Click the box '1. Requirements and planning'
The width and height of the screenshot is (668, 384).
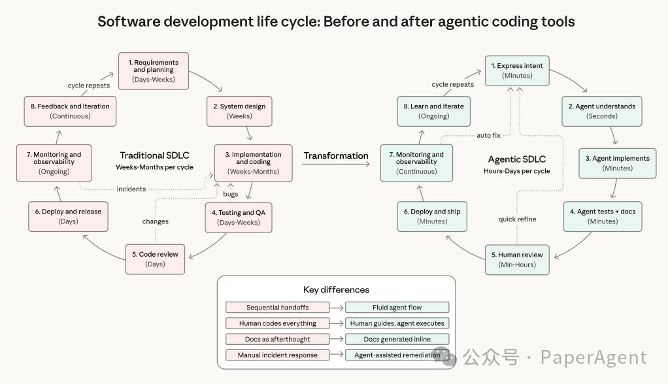153,71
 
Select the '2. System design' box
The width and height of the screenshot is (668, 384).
239,111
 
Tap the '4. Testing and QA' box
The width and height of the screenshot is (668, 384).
238,217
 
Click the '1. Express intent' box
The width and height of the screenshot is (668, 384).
517,71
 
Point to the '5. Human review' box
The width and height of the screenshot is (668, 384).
517,259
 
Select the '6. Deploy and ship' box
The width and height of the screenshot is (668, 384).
433,216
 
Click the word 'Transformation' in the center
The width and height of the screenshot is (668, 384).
336,155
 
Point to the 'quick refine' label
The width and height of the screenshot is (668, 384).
517,219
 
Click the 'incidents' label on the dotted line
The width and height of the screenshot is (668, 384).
131,189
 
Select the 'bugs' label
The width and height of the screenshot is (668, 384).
231,194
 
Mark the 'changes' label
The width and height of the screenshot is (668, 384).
156,221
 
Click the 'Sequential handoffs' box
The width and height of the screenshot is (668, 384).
277,308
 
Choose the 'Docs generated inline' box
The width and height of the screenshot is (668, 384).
397,339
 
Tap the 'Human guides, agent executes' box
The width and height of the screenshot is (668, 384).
397,323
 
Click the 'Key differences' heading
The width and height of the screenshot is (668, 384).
336,290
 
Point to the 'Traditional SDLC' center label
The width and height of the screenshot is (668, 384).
154,155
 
